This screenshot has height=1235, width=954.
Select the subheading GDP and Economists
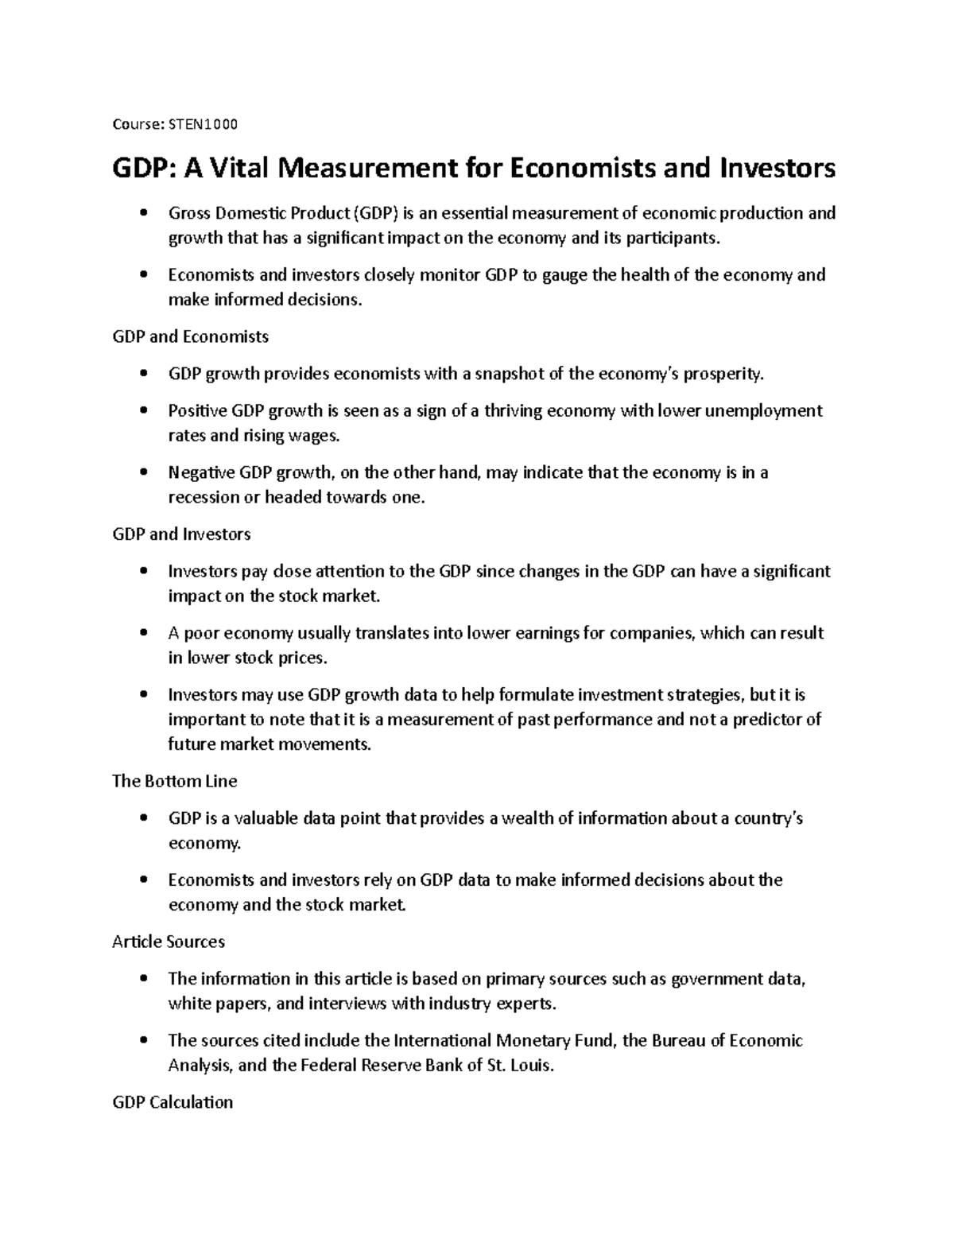tap(190, 336)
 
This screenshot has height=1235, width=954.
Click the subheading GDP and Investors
tap(181, 534)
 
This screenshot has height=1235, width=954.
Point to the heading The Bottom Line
tap(174, 781)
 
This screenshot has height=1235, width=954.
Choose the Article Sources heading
tap(168, 942)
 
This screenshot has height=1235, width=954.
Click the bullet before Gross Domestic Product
tap(143, 213)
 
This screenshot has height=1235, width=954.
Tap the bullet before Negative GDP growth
tap(143, 472)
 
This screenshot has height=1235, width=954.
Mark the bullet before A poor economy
tap(143, 633)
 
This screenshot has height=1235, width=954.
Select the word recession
tap(203, 498)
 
